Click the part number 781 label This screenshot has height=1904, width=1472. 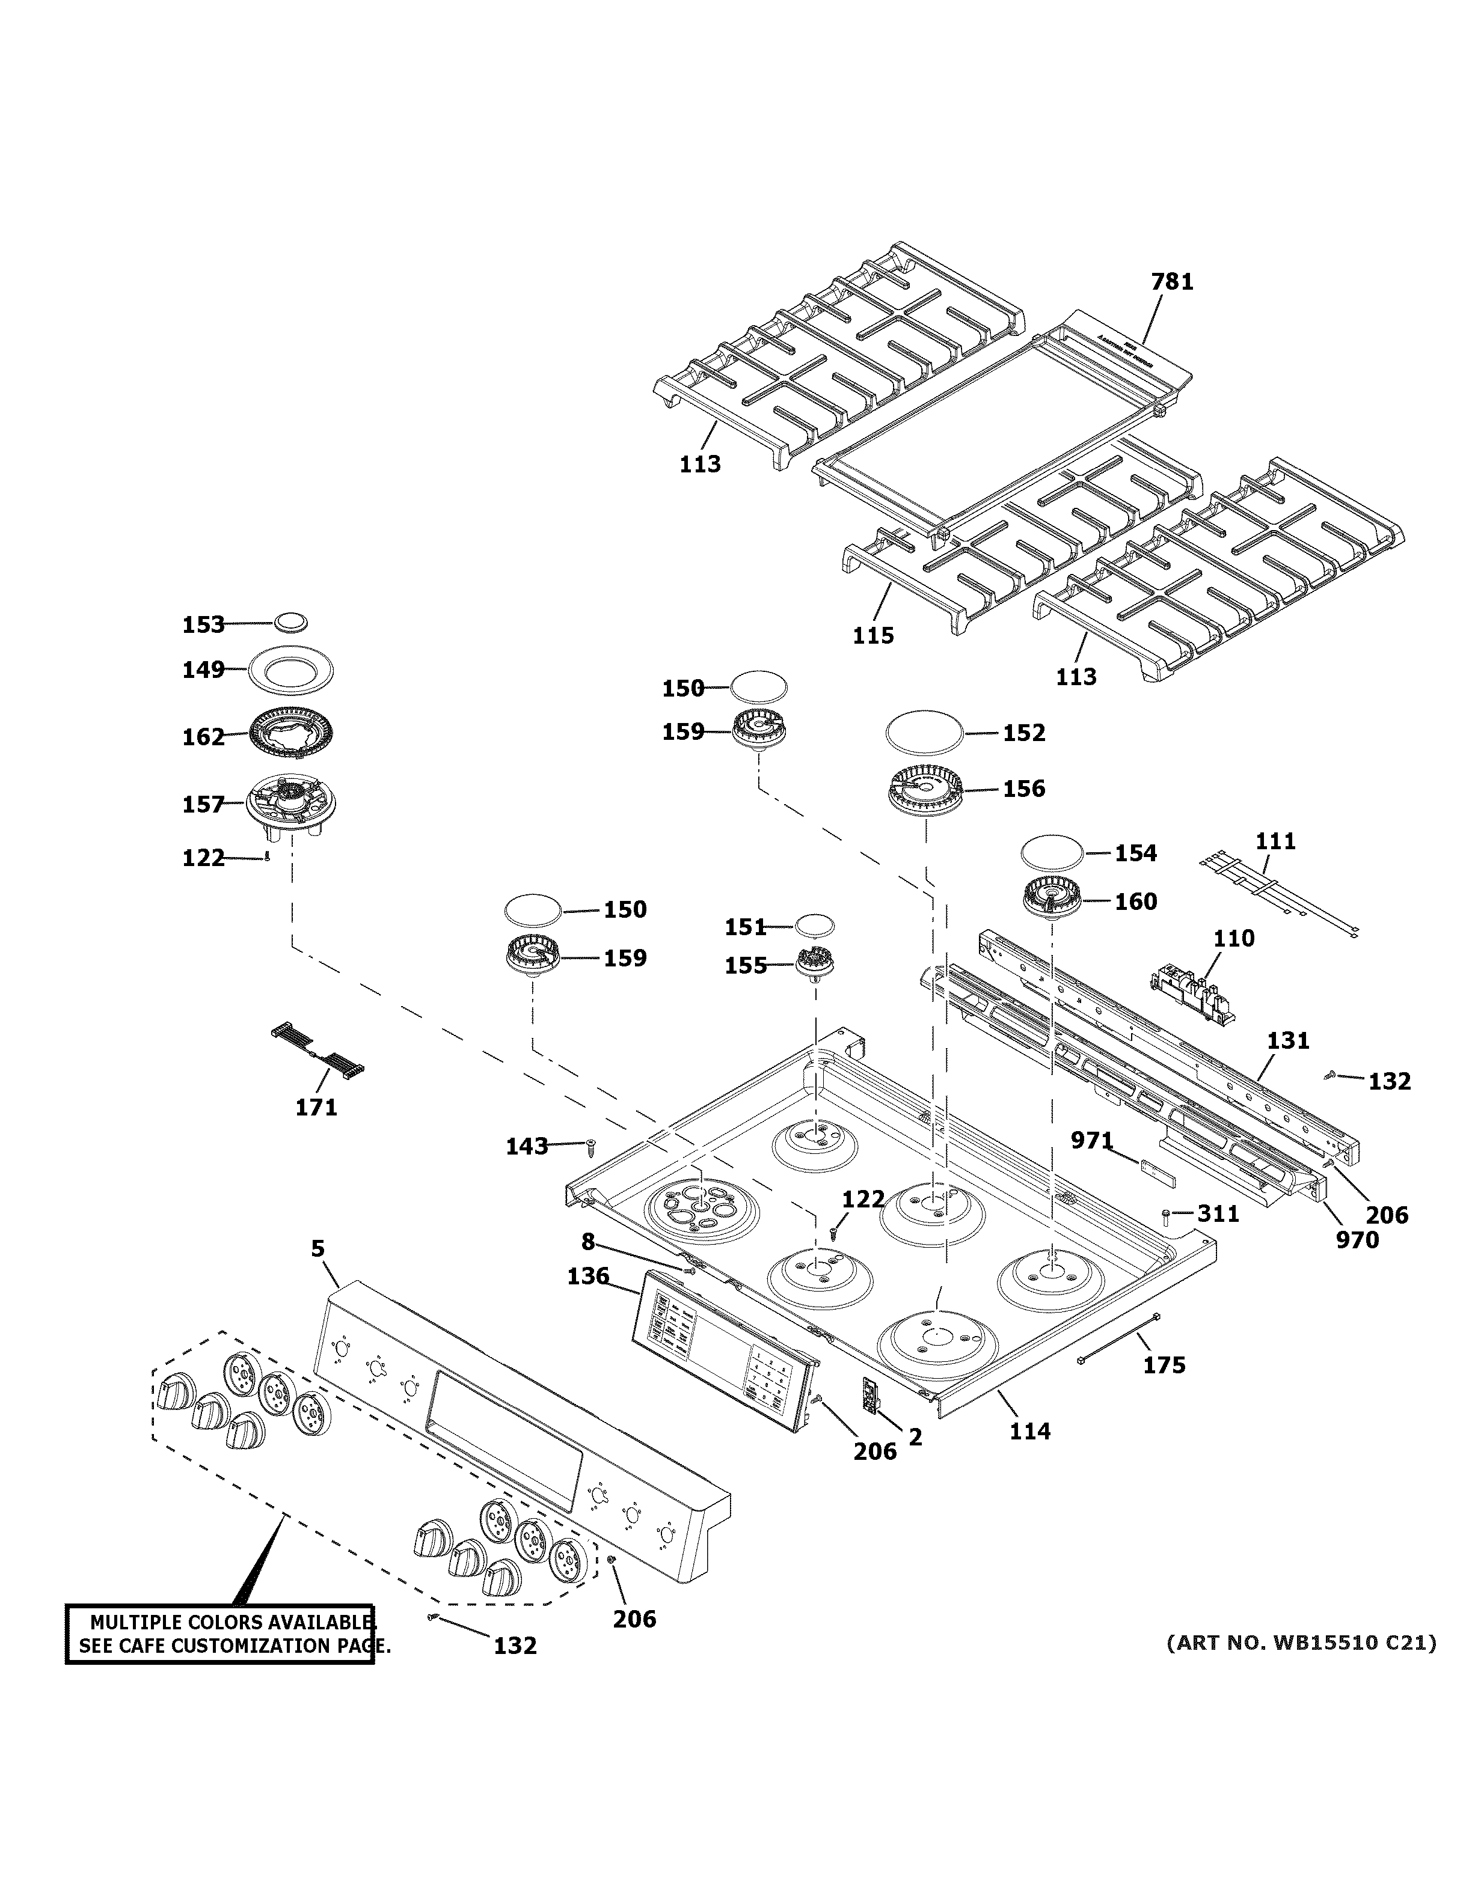point(1172,282)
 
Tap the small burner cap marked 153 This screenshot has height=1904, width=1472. point(291,623)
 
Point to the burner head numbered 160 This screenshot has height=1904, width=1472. point(1052,902)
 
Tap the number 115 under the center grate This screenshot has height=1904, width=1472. point(874,635)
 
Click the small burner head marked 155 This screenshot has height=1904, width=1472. point(815,964)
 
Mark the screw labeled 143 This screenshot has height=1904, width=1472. point(589,1145)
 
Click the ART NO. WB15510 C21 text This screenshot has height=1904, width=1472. point(1301,1643)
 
